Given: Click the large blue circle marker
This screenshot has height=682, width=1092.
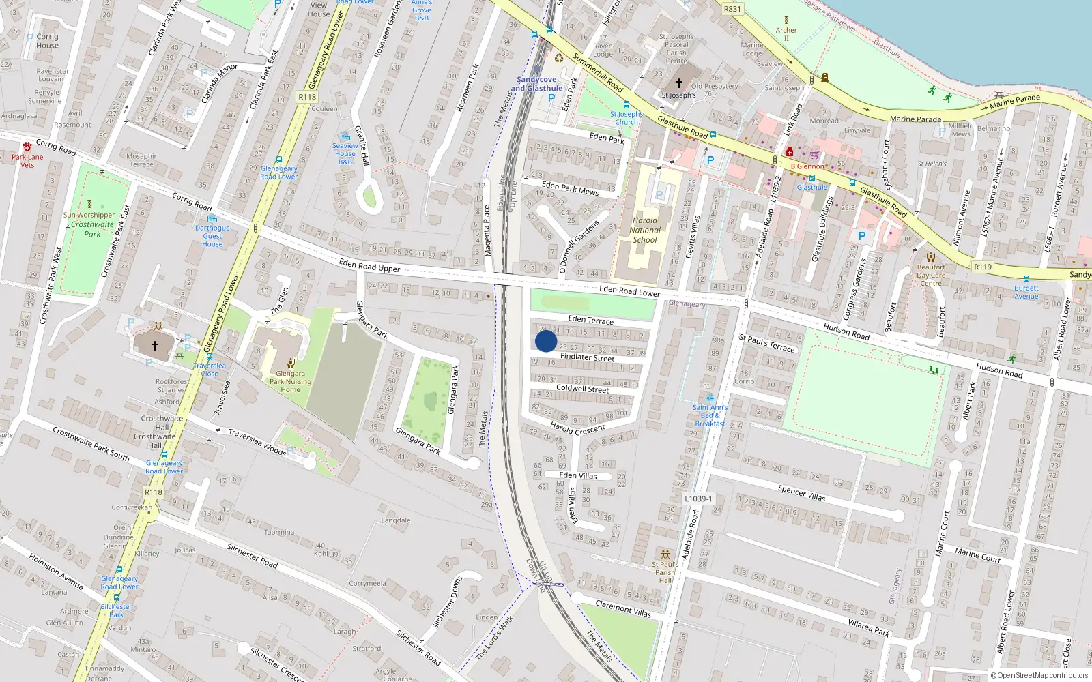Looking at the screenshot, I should click(x=546, y=341).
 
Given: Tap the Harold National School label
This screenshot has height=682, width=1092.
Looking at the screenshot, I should click(x=645, y=230).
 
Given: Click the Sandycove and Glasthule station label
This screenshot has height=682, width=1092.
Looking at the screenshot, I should click(x=536, y=84).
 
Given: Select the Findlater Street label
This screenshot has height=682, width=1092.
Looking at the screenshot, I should click(x=587, y=357).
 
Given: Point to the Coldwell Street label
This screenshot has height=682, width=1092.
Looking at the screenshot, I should click(x=582, y=389).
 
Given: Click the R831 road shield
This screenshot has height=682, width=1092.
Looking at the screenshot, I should click(x=732, y=9).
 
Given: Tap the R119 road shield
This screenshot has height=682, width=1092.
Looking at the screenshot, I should click(x=983, y=267).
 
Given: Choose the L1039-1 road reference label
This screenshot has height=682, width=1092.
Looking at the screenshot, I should click(x=698, y=499).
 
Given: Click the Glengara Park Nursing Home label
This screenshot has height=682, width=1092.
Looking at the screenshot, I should click(x=290, y=382).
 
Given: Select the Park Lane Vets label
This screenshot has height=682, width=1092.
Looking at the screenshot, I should click(x=27, y=161).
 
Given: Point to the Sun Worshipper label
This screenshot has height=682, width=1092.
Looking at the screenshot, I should click(x=89, y=215).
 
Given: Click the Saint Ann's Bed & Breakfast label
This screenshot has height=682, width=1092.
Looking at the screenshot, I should click(x=710, y=415).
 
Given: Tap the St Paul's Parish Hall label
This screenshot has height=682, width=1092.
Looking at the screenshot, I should click(x=665, y=572).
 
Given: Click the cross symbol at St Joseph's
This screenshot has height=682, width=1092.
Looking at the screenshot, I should click(x=679, y=83).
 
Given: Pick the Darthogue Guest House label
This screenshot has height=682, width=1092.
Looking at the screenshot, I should click(x=212, y=236).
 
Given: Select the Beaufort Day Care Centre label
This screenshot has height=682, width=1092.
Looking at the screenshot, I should click(x=931, y=276).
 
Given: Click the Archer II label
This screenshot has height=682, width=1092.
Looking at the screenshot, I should click(x=786, y=33).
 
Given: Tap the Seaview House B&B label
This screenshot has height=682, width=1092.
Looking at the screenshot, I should click(x=345, y=153).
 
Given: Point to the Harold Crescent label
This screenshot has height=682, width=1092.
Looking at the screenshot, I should click(x=577, y=428).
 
